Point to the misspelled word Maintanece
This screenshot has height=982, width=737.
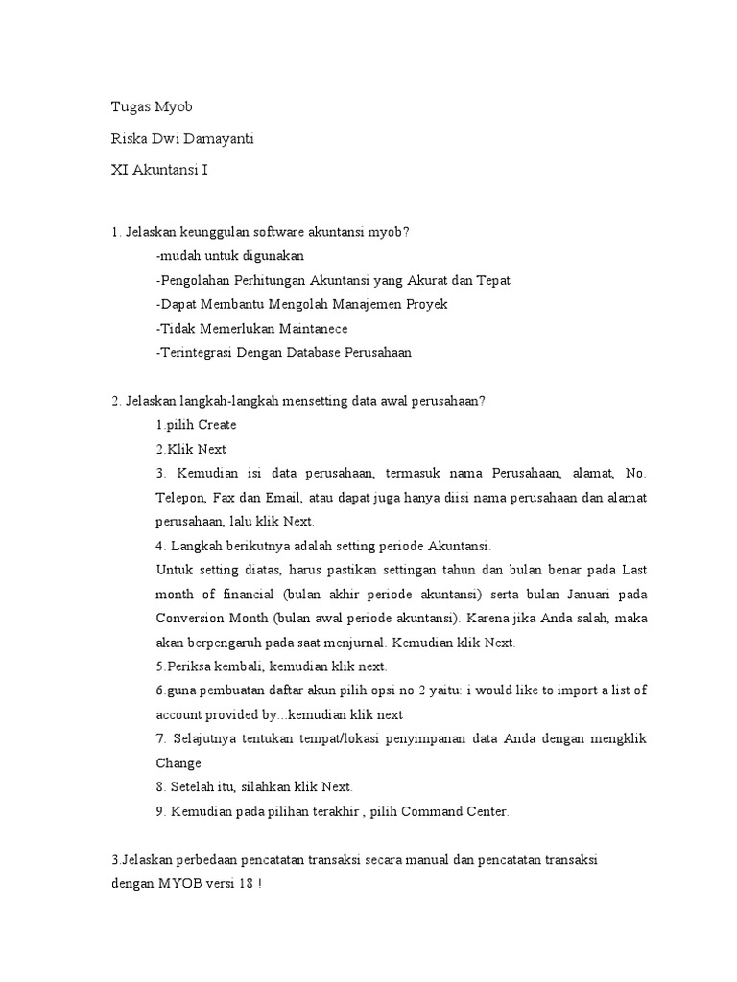(x=308, y=328)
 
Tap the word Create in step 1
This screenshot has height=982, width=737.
(x=217, y=424)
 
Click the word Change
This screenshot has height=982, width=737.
(x=178, y=763)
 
